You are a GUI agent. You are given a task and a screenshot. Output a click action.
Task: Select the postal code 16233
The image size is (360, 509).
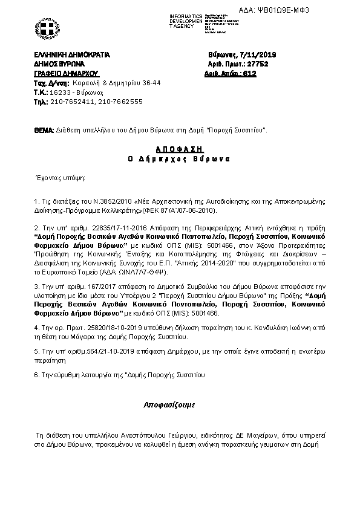[61, 94]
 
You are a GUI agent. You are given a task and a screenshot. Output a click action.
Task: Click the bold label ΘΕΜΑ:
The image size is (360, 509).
[44, 129]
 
